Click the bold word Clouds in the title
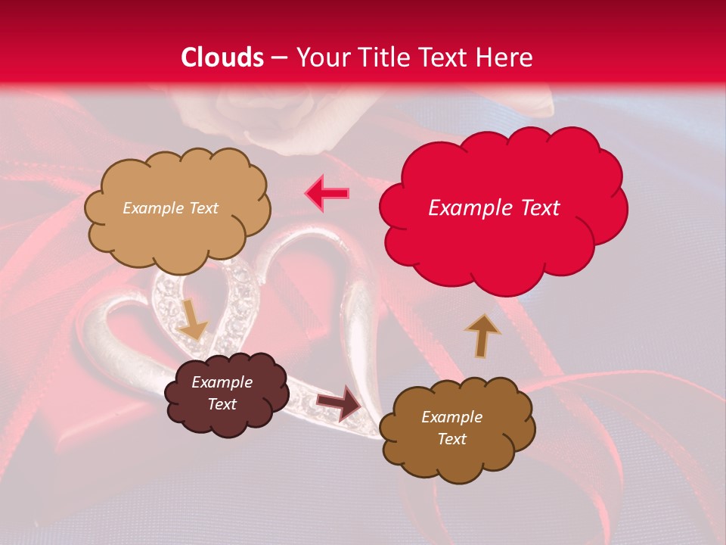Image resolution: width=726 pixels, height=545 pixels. pyautogui.click(x=222, y=58)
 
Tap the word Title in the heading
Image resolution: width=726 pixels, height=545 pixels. pyautogui.click(x=380, y=58)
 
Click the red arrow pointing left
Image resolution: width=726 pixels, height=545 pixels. pyautogui.click(x=327, y=194)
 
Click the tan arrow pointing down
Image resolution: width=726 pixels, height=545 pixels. pyautogui.click(x=192, y=319)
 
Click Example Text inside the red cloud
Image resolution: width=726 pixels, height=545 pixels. pyautogui.click(x=494, y=208)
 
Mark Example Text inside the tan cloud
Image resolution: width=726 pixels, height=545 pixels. pyautogui.click(x=170, y=208)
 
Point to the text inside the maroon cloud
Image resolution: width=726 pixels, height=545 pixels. pyautogui.click(x=222, y=394)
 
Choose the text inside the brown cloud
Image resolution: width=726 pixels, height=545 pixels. pyautogui.click(x=451, y=428)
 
